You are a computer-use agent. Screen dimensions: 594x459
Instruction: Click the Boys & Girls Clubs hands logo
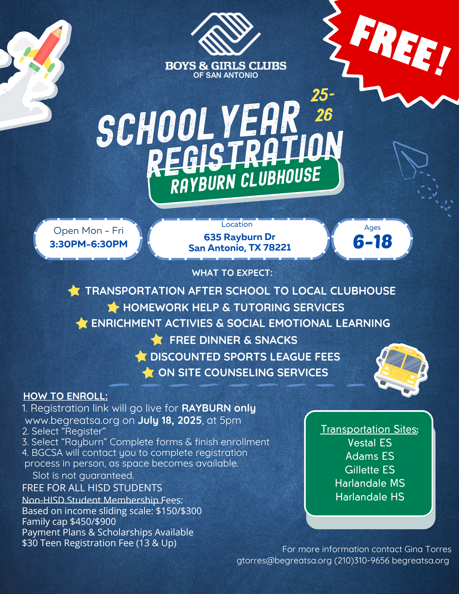[x=225, y=34]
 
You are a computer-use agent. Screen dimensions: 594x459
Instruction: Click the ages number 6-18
[x=373, y=242]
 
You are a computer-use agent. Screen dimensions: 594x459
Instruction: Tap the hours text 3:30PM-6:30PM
[x=89, y=244]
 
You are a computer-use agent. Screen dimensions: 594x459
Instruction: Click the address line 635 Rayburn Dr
[x=239, y=237]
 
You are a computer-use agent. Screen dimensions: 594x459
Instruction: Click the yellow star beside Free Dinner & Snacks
[x=157, y=340]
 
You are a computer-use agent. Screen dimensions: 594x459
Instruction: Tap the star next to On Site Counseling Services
[x=148, y=372]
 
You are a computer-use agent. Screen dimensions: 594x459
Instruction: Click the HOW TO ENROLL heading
[x=65, y=396]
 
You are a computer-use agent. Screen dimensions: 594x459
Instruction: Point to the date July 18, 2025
[x=170, y=421]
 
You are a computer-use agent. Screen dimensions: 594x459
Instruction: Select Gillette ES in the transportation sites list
[x=370, y=470]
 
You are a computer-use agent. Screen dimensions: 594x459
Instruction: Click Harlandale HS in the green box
[x=370, y=497]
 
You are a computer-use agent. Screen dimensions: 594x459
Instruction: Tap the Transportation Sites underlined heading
[x=370, y=429]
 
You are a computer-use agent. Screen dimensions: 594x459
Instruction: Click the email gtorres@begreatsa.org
[x=284, y=560]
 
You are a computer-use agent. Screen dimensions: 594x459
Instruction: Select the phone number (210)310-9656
[x=362, y=560]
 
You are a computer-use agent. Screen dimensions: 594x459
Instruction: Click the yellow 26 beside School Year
[x=324, y=115]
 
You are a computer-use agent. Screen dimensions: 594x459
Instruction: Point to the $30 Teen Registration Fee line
[x=99, y=543]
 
